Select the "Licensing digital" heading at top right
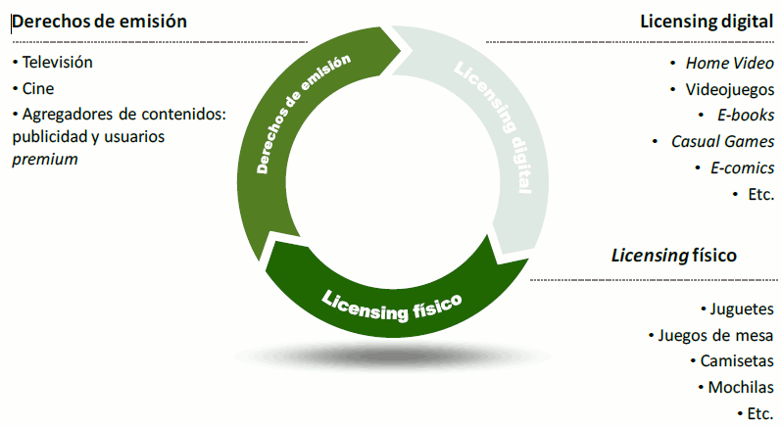706,21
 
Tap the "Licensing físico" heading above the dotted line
673,256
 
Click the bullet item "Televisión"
57,62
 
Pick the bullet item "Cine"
39,87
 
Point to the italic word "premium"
44,158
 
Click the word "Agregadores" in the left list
71,113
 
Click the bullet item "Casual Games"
722,141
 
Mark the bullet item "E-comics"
742,167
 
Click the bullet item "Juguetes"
743,309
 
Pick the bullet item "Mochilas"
742,387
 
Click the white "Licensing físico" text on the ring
391,304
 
